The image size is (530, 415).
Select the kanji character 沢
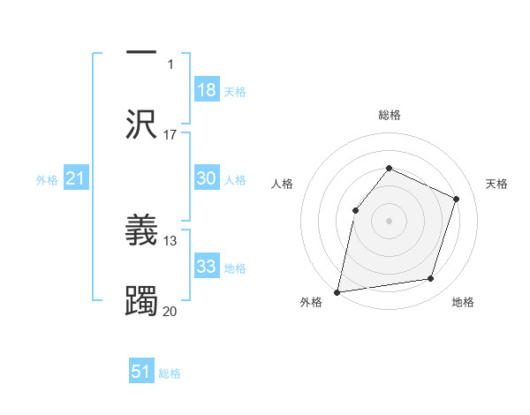coord(141,123)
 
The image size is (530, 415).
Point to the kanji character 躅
coord(141,298)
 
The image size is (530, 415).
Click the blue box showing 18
coord(207,90)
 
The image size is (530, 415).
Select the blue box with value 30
coord(207,178)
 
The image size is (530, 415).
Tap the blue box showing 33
coord(207,267)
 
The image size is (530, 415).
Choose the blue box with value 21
coord(76,179)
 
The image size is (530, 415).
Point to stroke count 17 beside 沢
coord(170,135)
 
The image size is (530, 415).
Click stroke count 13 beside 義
coord(170,240)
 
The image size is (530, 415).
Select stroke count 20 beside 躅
coord(170,310)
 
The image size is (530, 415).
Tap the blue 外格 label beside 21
coord(47,180)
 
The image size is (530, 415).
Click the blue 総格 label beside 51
coord(170,373)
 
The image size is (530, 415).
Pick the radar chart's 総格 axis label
coord(389,115)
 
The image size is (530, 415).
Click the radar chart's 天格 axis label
coord(497,184)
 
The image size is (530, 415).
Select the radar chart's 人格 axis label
coord(282,184)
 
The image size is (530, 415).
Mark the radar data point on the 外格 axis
coord(337,291)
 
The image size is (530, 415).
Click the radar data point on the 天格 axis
coord(457,199)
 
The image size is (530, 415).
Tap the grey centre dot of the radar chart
coord(389,220)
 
